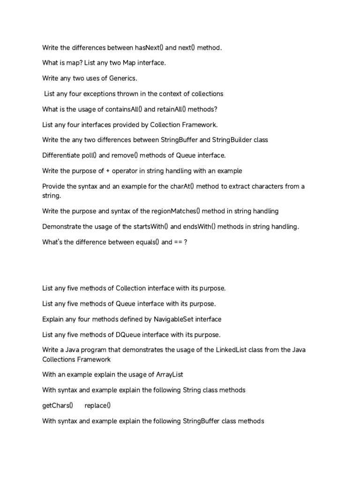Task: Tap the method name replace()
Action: (97, 405)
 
